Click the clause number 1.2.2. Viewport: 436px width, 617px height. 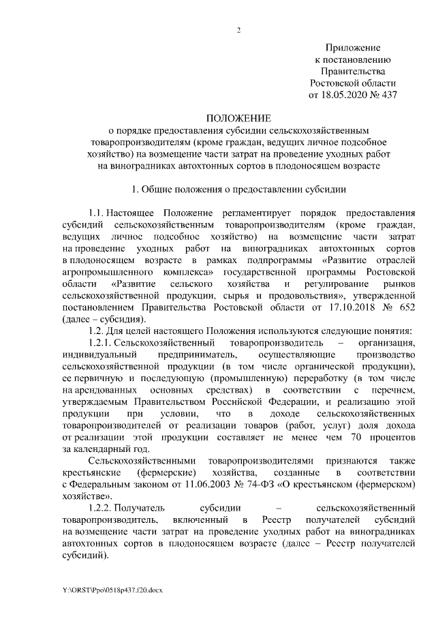pyautogui.click(x=101, y=509)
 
